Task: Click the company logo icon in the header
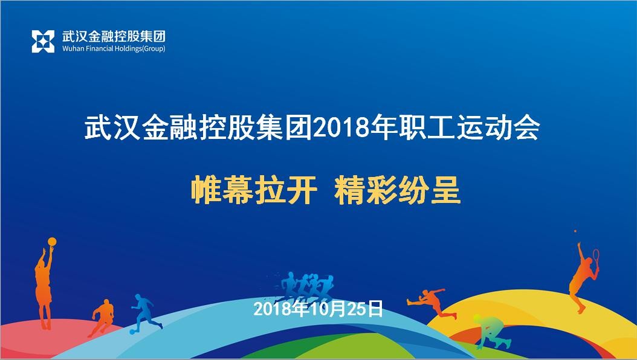43,41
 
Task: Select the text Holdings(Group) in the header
140,49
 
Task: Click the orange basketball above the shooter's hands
52,240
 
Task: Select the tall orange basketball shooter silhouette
44,284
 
